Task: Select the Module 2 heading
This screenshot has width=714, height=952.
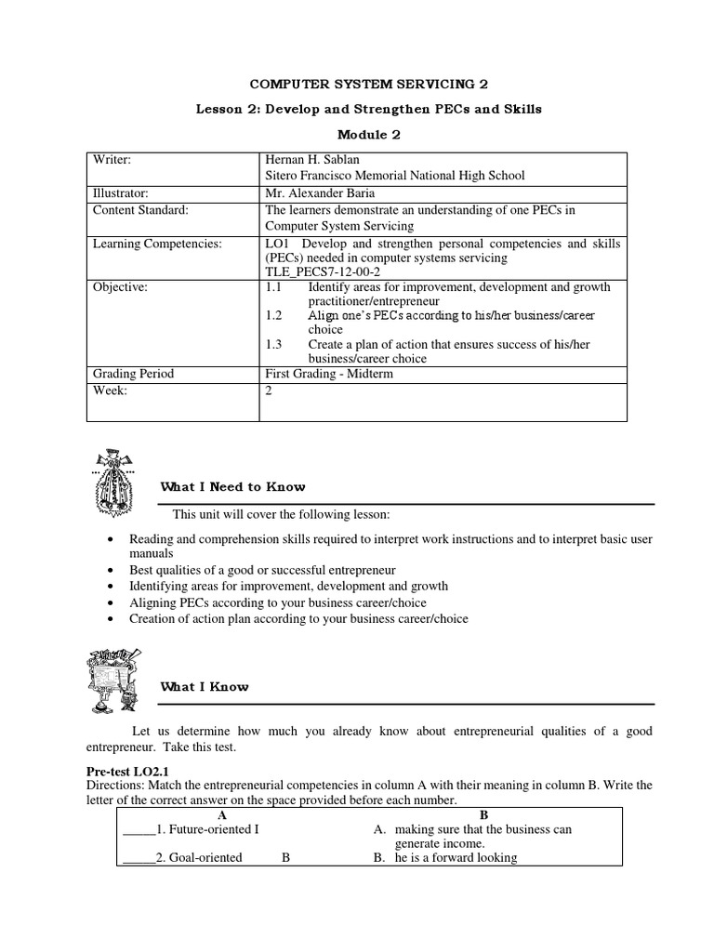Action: (356, 135)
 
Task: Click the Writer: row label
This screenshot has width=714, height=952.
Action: (112, 160)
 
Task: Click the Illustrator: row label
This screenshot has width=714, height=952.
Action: (122, 192)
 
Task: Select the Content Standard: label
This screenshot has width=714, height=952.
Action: (140, 210)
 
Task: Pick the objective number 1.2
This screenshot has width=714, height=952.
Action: (273, 316)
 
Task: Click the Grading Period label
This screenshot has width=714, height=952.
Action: (133, 374)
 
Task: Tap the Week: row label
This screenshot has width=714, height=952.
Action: (110, 390)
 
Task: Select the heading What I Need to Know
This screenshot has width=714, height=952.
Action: (232, 487)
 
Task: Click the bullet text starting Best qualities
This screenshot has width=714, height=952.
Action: (262, 569)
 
